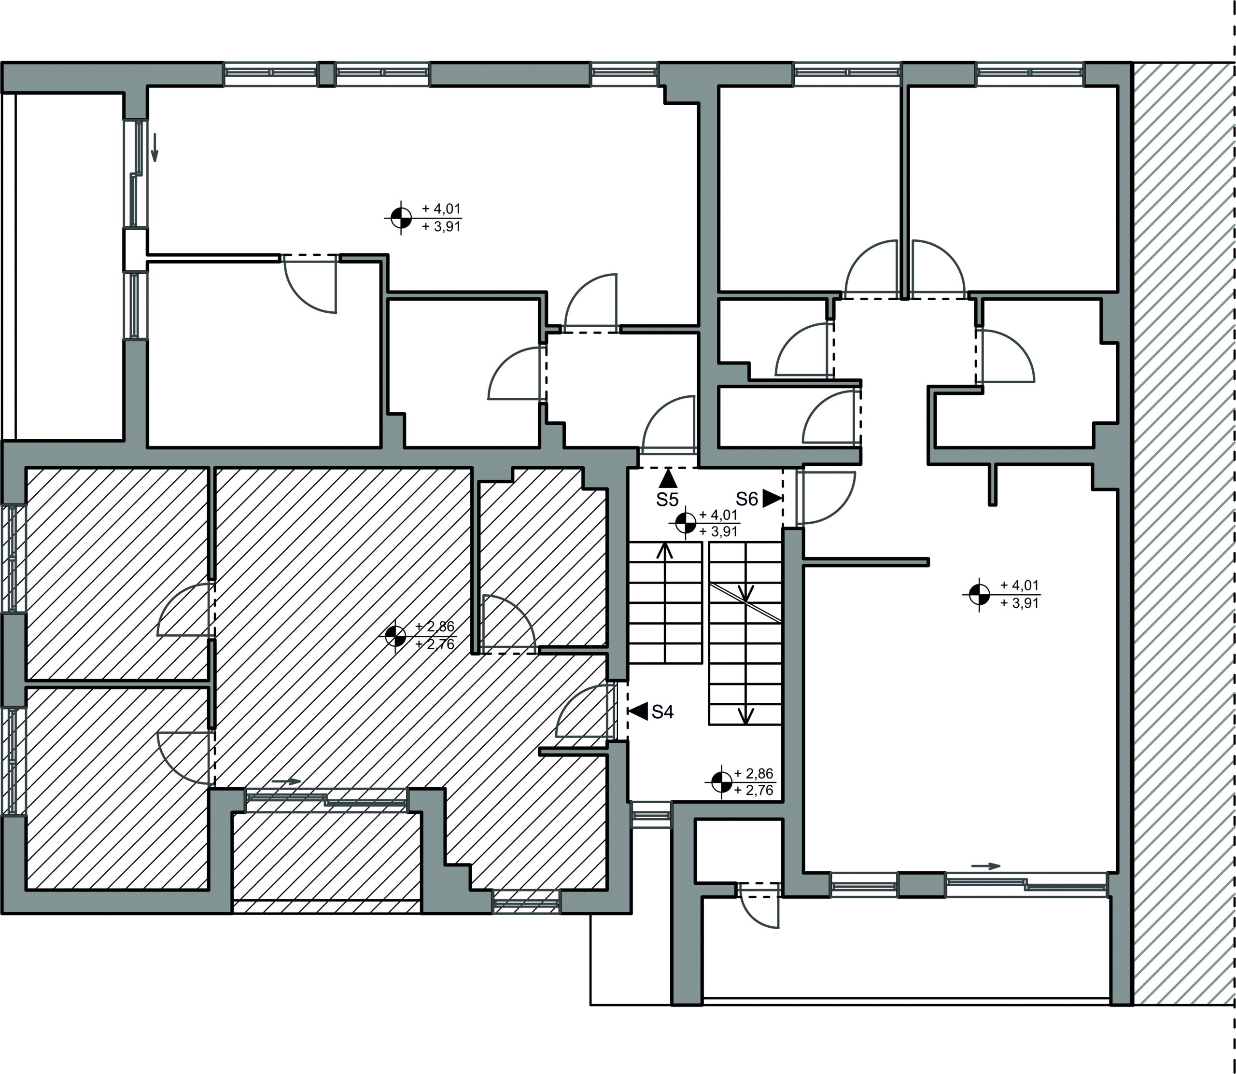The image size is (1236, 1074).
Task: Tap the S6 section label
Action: pos(747,499)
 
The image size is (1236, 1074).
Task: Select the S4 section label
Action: pos(662,712)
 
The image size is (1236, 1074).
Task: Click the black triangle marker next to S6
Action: pos(772,499)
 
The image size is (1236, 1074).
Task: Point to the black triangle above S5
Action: pos(668,479)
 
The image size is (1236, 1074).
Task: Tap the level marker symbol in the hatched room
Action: pos(395,637)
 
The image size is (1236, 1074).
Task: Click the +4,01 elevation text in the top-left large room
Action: pos(442,209)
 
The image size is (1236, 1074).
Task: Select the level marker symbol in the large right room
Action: pos(980,595)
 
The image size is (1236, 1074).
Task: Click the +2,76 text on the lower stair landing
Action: pos(754,791)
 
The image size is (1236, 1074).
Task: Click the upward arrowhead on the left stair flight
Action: pos(664,550)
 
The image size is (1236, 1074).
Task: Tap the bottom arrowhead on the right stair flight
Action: pos(745,716)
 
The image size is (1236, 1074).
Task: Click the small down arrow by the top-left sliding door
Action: pos(154,148)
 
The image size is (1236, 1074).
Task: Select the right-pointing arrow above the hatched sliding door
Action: pos(286,781)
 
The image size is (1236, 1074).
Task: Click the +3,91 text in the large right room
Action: pos(1020,603)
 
